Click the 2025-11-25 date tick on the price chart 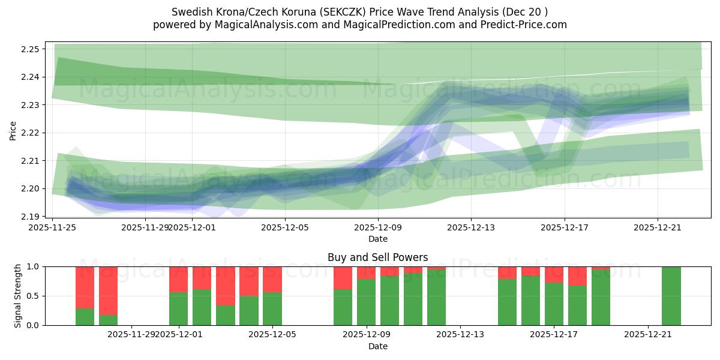[x=53, y=227]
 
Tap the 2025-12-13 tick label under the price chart [x=471, y=227]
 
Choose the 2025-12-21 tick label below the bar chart [x=648, y=335]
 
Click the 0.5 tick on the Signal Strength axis [x=32, y=296]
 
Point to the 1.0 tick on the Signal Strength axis [x=32, y=266]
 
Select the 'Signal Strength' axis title [x=18, y=296]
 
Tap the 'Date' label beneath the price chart [x=378, y=239]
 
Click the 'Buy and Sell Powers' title [x=378, y=257]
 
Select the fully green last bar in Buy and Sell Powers [x=671, y=296]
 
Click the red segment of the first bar [x=85, y=287]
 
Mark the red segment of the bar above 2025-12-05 [x=272, y=279]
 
